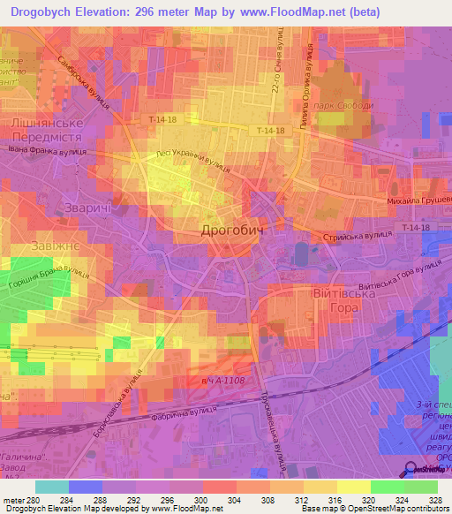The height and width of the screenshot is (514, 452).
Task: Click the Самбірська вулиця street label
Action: point(84,84)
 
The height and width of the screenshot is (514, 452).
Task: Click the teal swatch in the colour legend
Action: point(51,487)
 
